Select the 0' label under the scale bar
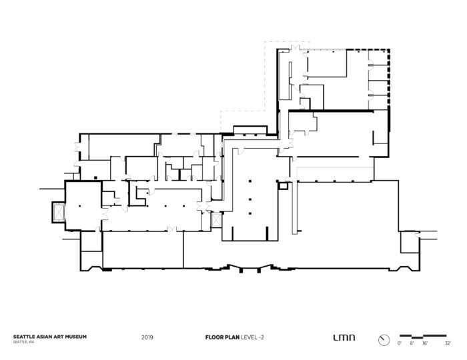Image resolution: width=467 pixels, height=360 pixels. [x=399, y=343]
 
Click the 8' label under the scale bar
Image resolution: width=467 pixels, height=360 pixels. [x=411, y=343]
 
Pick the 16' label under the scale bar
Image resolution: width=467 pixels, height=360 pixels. [x=424, y=343]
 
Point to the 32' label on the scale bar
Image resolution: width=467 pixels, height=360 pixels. [x=448, y=343]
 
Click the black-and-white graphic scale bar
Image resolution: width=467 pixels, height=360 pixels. [x=424, y=335]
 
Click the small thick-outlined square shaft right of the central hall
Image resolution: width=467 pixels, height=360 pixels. [x=284, y=187]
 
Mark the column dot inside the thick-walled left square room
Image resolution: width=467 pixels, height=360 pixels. [x=79, y=208]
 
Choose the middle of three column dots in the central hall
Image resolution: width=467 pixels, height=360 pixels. [x=249, y=198]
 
